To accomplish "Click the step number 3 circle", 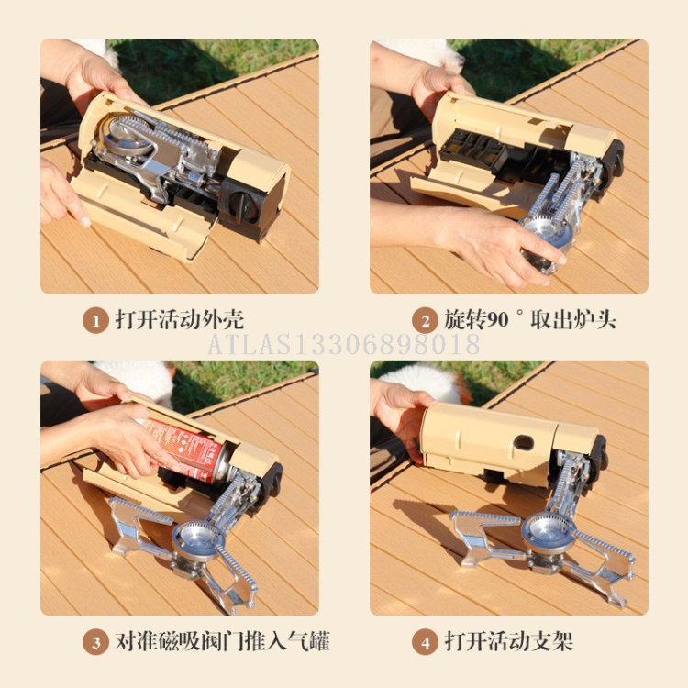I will tap(95, 642).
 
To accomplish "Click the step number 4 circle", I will tap(424, 642).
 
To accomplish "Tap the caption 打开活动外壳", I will tap(180, 320).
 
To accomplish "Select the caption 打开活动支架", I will tap(508, 641).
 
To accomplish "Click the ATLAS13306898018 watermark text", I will tap(344, 345).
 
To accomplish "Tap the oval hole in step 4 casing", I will tap(524, 443).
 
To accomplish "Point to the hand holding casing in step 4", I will tap(400, 413).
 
